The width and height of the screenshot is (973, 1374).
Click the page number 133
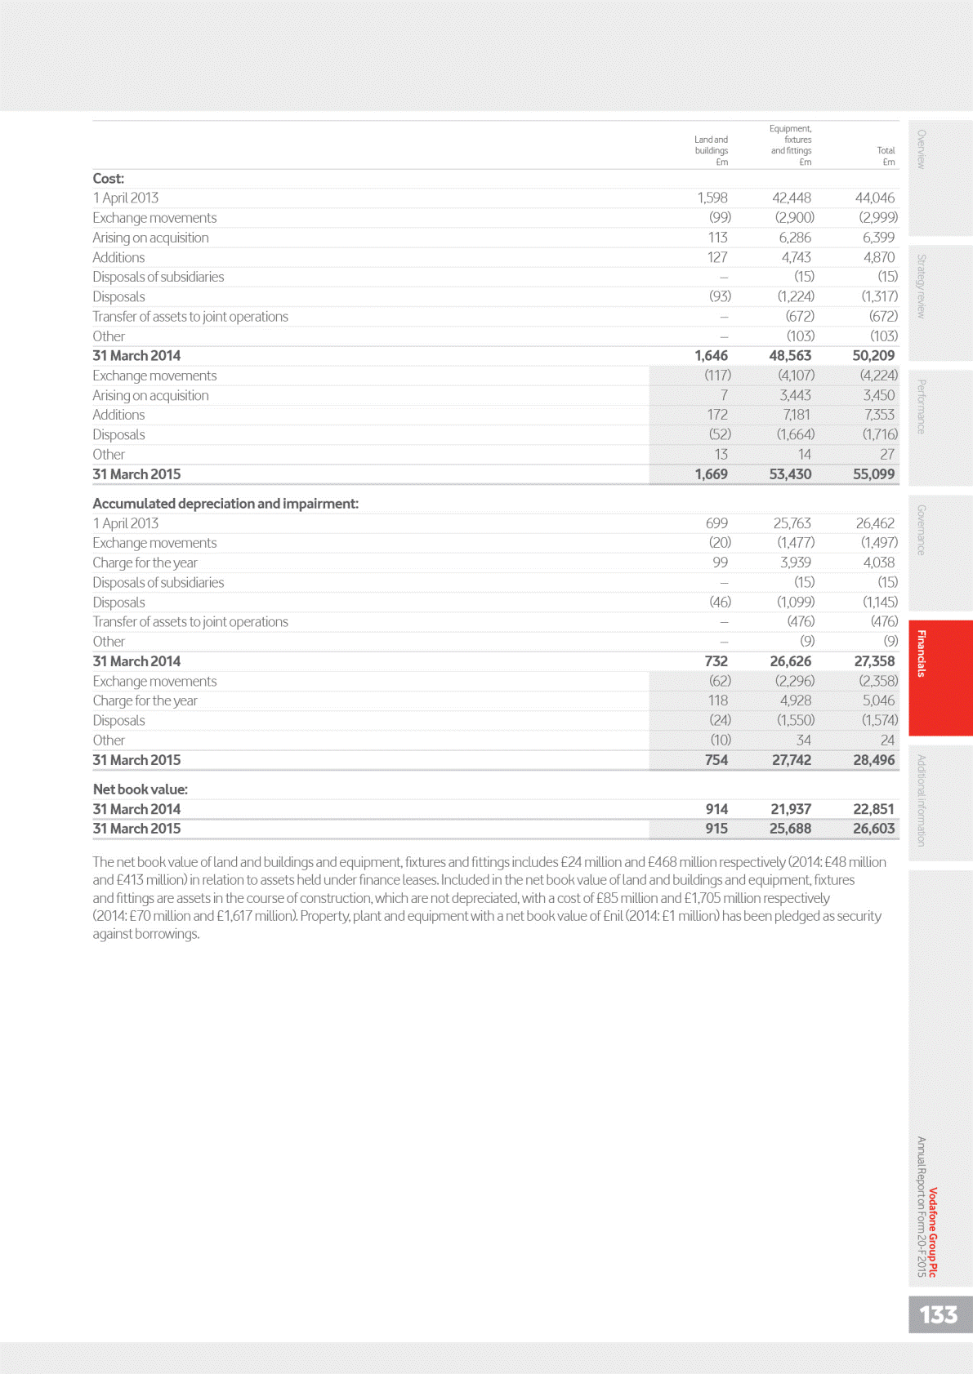(x=938, y=1314)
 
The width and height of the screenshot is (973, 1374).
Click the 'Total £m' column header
(x=886, y=156)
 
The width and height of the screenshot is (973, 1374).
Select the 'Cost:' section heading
(x=109, y=179)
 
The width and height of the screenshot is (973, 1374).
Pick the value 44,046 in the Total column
(x=874, y=198)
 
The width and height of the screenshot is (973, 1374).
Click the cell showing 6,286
(x=794, y=238)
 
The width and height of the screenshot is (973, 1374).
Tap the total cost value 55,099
(x=873, y=474)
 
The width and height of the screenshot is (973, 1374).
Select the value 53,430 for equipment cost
(x=790, y=474)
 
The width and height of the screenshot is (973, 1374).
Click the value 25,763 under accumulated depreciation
(x=792, y=523)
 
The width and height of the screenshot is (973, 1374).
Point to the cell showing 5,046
(x=878, y=700)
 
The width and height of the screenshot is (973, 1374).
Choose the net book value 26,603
(x=873, y=829)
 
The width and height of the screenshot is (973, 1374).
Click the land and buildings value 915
(x=716, y=829)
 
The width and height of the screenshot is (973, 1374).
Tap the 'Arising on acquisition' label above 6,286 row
(x=150, y=238)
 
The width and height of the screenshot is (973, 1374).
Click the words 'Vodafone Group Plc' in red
(x=933, y=1232)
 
